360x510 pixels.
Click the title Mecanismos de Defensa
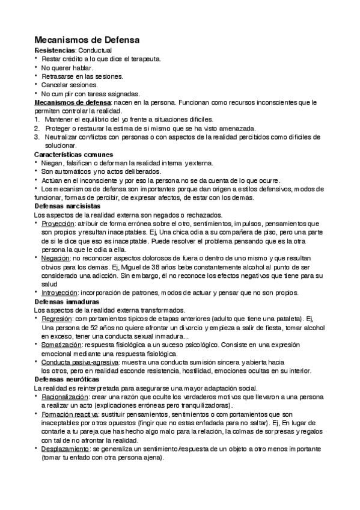point(87,40)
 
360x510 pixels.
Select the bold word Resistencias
point(55,51)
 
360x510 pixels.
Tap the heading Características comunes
point(73,155)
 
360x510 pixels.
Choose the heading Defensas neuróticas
point(67,379)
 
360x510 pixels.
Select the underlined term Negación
point(56,258)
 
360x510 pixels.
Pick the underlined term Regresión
point(58,319)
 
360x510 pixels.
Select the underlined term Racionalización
point(64,397)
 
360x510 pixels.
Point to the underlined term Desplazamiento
point(66,449)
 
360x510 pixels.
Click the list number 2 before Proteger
point(37,128)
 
